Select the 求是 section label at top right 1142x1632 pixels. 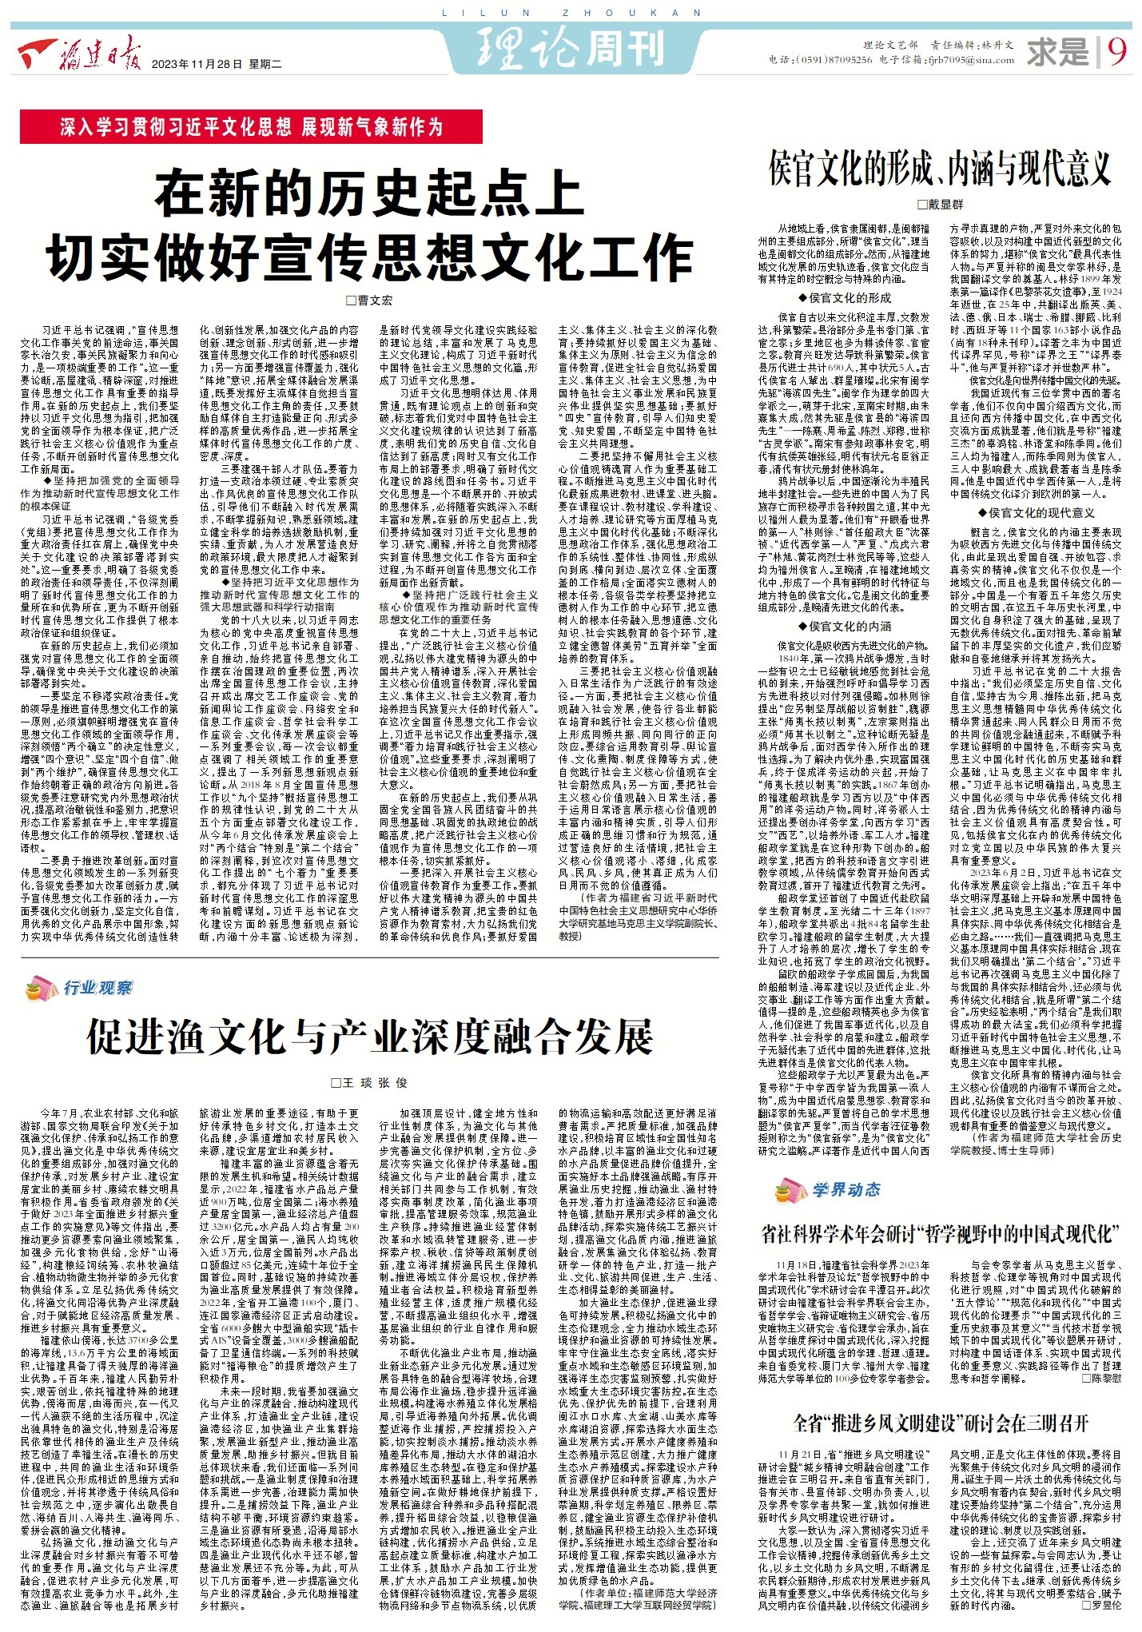pos(1059,53)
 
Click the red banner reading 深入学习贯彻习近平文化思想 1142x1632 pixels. pos(251,126)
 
